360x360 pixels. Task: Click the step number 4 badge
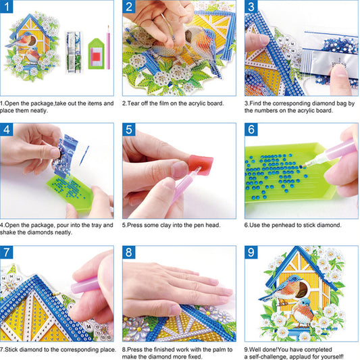(9, 130)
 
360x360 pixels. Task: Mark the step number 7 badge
(9, 253)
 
